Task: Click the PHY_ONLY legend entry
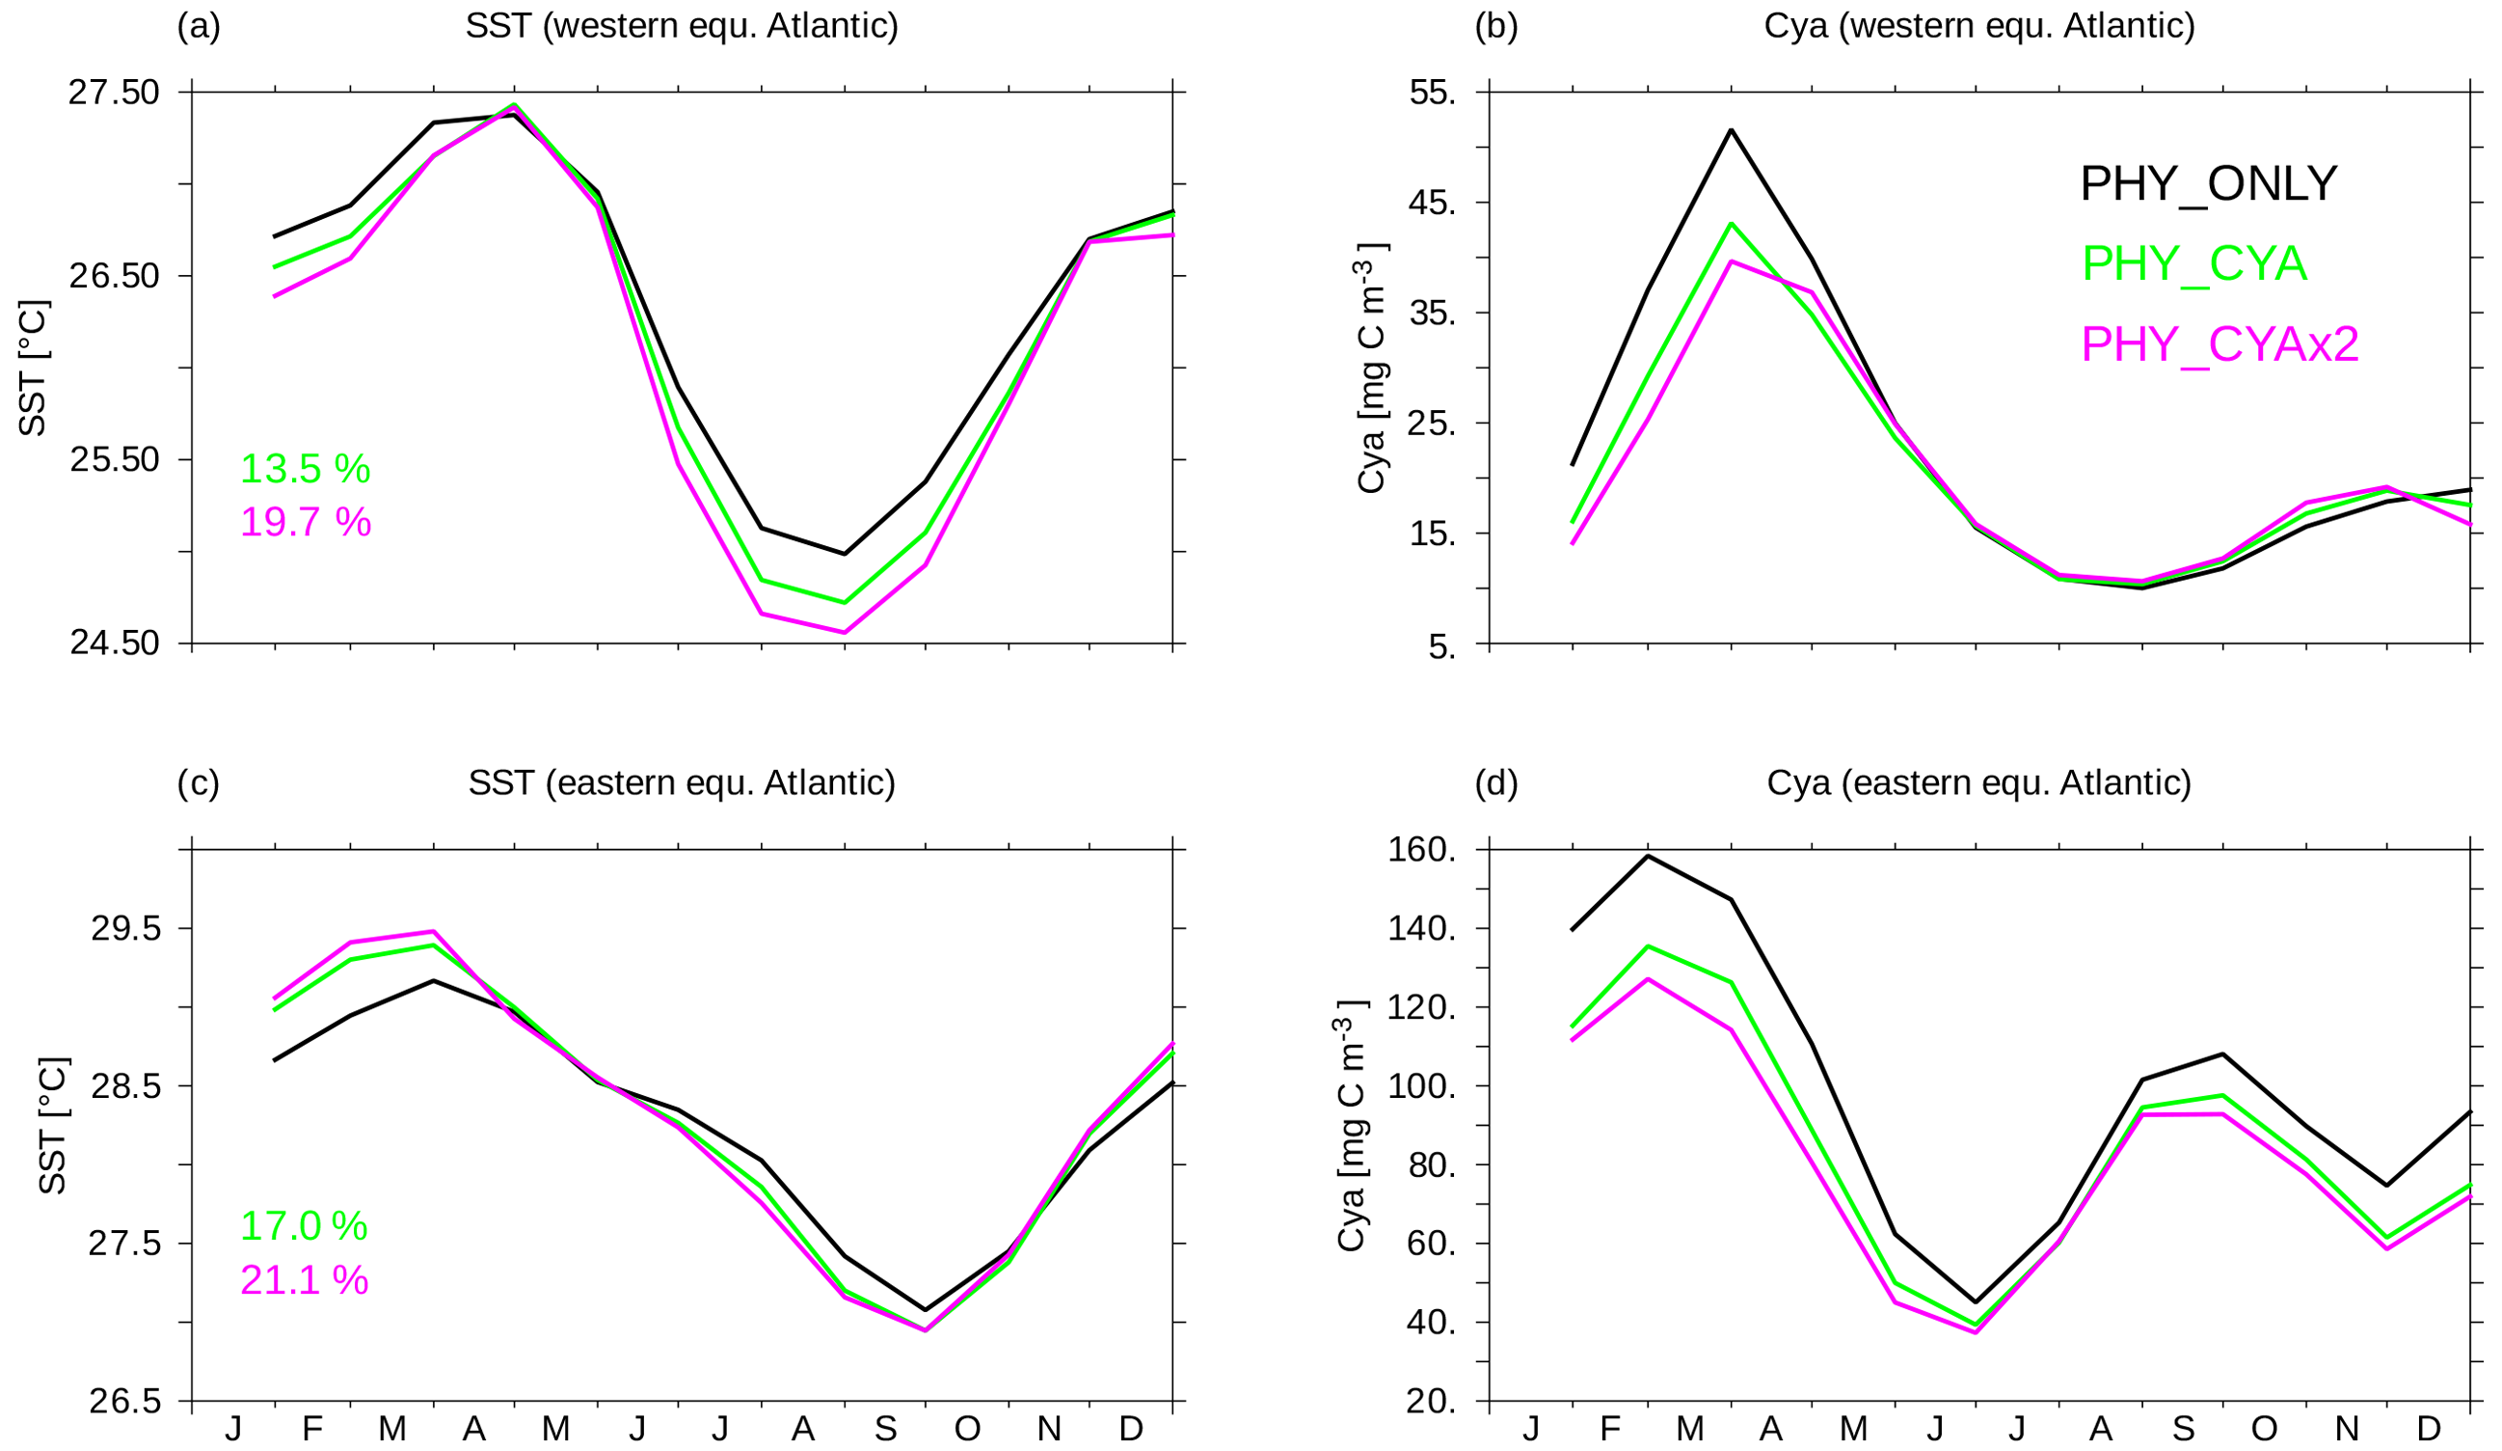pyautogui.click(x=2208, y=183)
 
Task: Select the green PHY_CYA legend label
pyautogui.click(x=2193, y=264)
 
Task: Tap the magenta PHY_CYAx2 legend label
pyautogui.click(x=2220, y=344)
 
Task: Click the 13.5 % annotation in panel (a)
pyautogui.click(x=305, y=469)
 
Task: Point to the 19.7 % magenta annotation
pyautogui.click(x=306, y=522)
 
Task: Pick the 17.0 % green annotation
pyautogui.click(x=304, y=1226)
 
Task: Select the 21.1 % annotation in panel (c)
pyautogui.click(x=304, y=1280)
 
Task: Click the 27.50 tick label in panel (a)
pyautogui.click(x=113, y=93)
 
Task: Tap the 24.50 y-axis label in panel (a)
pyautogui.click(x=113, y=643)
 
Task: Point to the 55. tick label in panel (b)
pyautogui.click(x=1433, y=93)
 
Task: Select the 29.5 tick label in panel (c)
pyautogui.click(x=125, y=929)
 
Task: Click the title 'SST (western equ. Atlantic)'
pyautogui.click(x=681, y=26)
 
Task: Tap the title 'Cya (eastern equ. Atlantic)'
pyautogui.click(x=1977, y=783)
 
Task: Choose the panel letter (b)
pyautogui.click(x=1496, y=26)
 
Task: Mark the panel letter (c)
pyautogui.click(x=199, y=783)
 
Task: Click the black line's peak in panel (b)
pyautogui.click(x=1732, y=130)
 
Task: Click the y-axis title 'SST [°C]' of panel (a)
pyautogui.click(x=33, y=368)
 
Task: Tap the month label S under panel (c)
pyautogui.click(x=885, y=1429)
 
